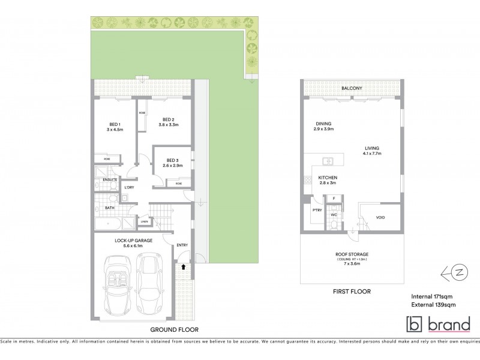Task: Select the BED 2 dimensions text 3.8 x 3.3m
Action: click(169, 125)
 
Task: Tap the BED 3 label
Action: click(173, 160)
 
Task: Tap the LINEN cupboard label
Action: click(144, 221)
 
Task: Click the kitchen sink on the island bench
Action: click(328, 161)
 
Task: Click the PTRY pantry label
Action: click(316, 209)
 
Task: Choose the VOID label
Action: click(380, 217)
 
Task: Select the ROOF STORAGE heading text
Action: click(352, 254)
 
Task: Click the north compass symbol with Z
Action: click(457, 271)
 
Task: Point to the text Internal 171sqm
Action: click(431, 296)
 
